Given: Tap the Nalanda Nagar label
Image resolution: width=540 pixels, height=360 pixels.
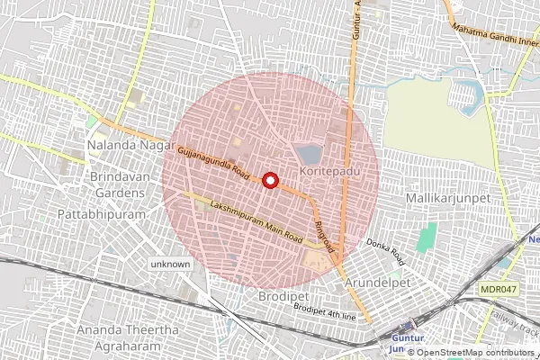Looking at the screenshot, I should [121, 144].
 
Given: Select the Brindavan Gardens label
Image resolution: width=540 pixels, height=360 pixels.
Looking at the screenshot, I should [118, 185].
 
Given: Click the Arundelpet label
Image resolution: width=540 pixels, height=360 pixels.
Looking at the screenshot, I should [378, 282].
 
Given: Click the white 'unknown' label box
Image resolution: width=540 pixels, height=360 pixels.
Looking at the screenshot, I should [170, 265].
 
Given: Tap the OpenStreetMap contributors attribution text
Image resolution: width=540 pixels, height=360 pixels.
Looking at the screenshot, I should [476, 353].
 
